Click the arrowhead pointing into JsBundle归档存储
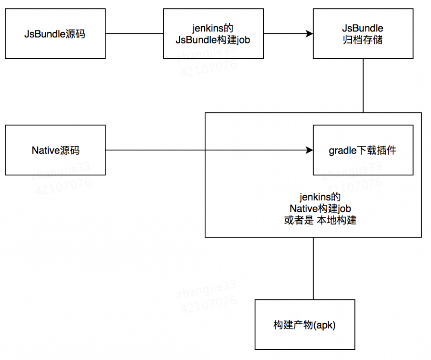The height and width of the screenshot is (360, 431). click(309, 34)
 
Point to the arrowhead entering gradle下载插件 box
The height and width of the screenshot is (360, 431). click(309, 150)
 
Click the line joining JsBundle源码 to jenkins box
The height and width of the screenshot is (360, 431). click(134, 34)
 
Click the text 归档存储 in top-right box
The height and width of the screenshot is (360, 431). click(362, 41)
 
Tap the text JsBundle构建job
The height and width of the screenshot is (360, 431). click(213, 40)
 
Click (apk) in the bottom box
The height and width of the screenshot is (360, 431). click(326, 325)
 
